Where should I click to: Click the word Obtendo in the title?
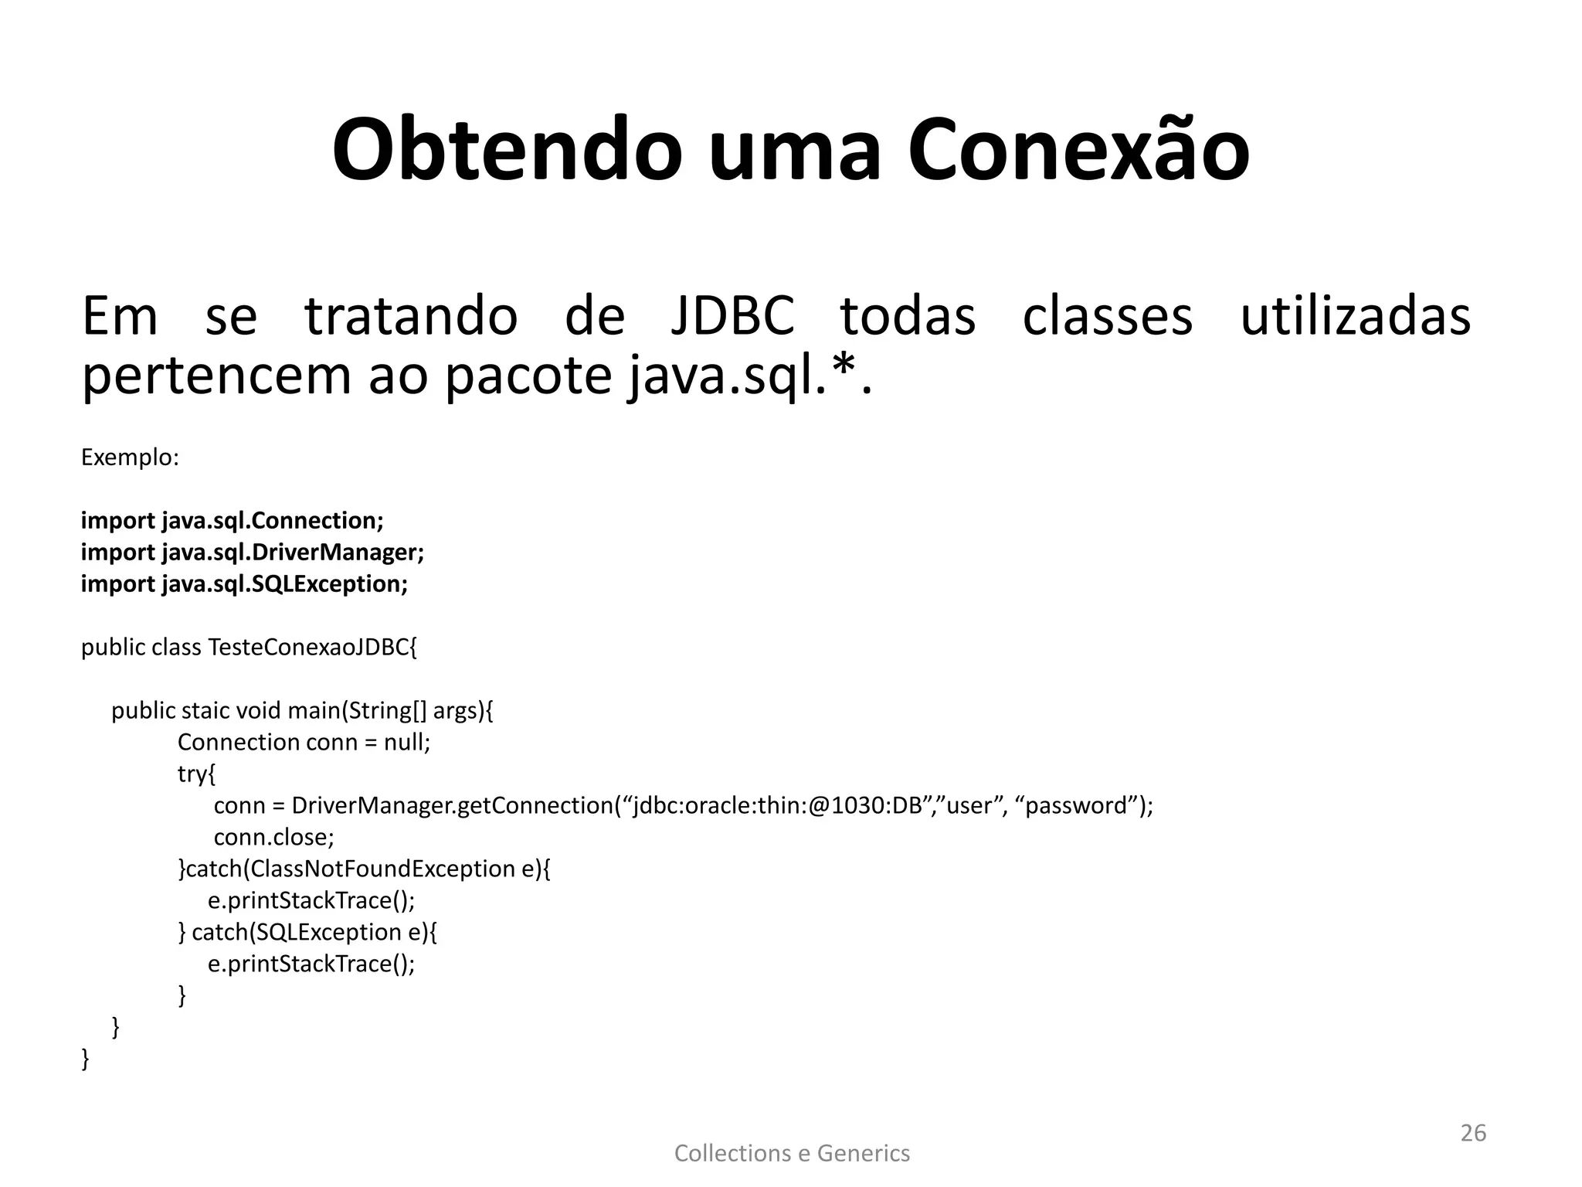507,151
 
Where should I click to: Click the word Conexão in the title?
1078,151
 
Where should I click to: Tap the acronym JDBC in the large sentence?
732,316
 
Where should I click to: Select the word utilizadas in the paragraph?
1355,316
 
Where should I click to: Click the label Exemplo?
130,457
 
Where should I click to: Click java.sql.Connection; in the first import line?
273,521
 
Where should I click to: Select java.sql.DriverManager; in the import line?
293,553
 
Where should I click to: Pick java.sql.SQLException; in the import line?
284,584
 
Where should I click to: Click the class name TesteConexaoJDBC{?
312,647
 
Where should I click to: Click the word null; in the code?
407,742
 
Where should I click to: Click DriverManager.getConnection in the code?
452,805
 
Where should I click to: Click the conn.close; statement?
273,837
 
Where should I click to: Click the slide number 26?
1473,1133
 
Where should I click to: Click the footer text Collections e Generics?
792,1153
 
